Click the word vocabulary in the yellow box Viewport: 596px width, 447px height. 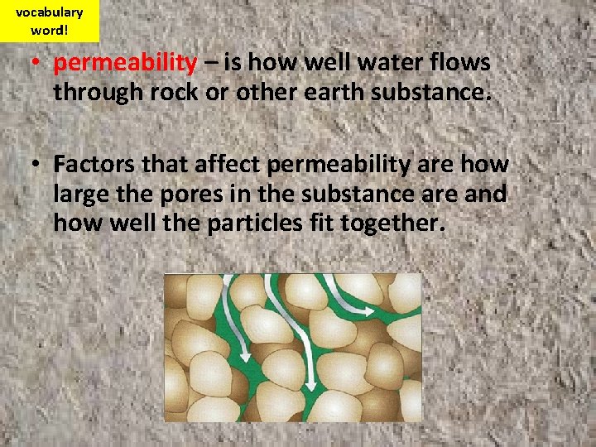[49, 12]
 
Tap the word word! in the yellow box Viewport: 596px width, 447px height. [49, 30]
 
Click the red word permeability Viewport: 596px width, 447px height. [126, 63]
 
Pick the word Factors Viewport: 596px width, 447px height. [95, 164]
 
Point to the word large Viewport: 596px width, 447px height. [81, 194]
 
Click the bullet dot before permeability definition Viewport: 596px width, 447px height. [37, 64]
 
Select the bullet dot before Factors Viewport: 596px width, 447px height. [37, 165]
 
